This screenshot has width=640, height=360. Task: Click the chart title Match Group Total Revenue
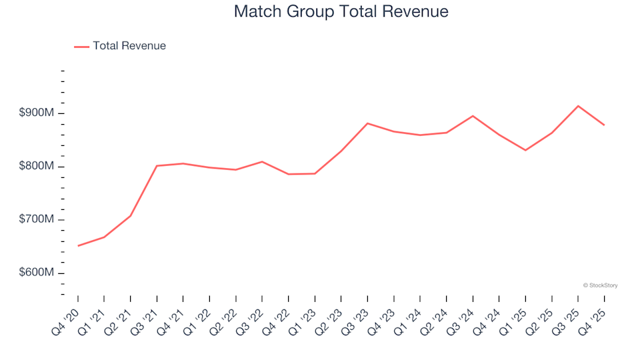pyautogui.click(x=341, y=12)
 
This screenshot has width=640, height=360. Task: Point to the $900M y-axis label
pyautogui.click(x=36, y=113)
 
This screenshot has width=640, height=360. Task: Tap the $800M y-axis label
pyautogui.click(x=36, y=167)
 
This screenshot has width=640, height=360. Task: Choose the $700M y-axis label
pyautogui.click(x=36, y=220)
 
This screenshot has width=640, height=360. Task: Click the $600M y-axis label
pyautogui.click(x=36, y=273)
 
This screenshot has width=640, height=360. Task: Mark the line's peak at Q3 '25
pyautogui.click(x=578, y=106)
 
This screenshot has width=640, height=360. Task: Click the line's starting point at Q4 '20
pyautogui.click(x=78, y=246)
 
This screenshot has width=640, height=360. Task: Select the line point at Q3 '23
pyautogui.click(x=367, y=123)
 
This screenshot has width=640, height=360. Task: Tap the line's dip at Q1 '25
pyautogui.click(x=525, y=150)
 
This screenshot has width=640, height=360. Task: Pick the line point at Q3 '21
pyautogui.click(x=157, y=166)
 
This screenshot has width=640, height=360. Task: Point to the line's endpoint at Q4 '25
pyautogui.click(x=604, y=125)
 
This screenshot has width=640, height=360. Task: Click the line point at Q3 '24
pyautogui.click(x=473, y=116)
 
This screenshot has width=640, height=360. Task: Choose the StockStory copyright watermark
pyautogui.click(x=600, y=285)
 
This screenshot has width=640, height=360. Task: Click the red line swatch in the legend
pyautogui.click(x=81, y=46)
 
